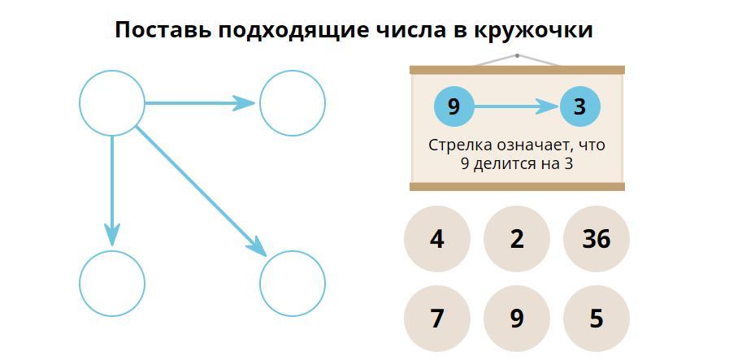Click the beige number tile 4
point(437,239)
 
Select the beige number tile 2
point(517,239)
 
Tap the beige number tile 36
point(596,239)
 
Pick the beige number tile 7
point(437,319)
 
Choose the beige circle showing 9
point(517,319)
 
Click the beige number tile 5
point(596,319)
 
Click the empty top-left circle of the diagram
point(112,103)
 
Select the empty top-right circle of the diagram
point(293,103)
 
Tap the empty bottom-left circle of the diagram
point(112,283)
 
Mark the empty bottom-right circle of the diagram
point(293,283)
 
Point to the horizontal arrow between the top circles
point(199,103)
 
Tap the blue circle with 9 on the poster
point(453,106)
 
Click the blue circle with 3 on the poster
point(579,106)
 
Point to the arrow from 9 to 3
point(517,106)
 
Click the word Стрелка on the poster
point(457,145)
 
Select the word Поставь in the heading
point(160,30)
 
